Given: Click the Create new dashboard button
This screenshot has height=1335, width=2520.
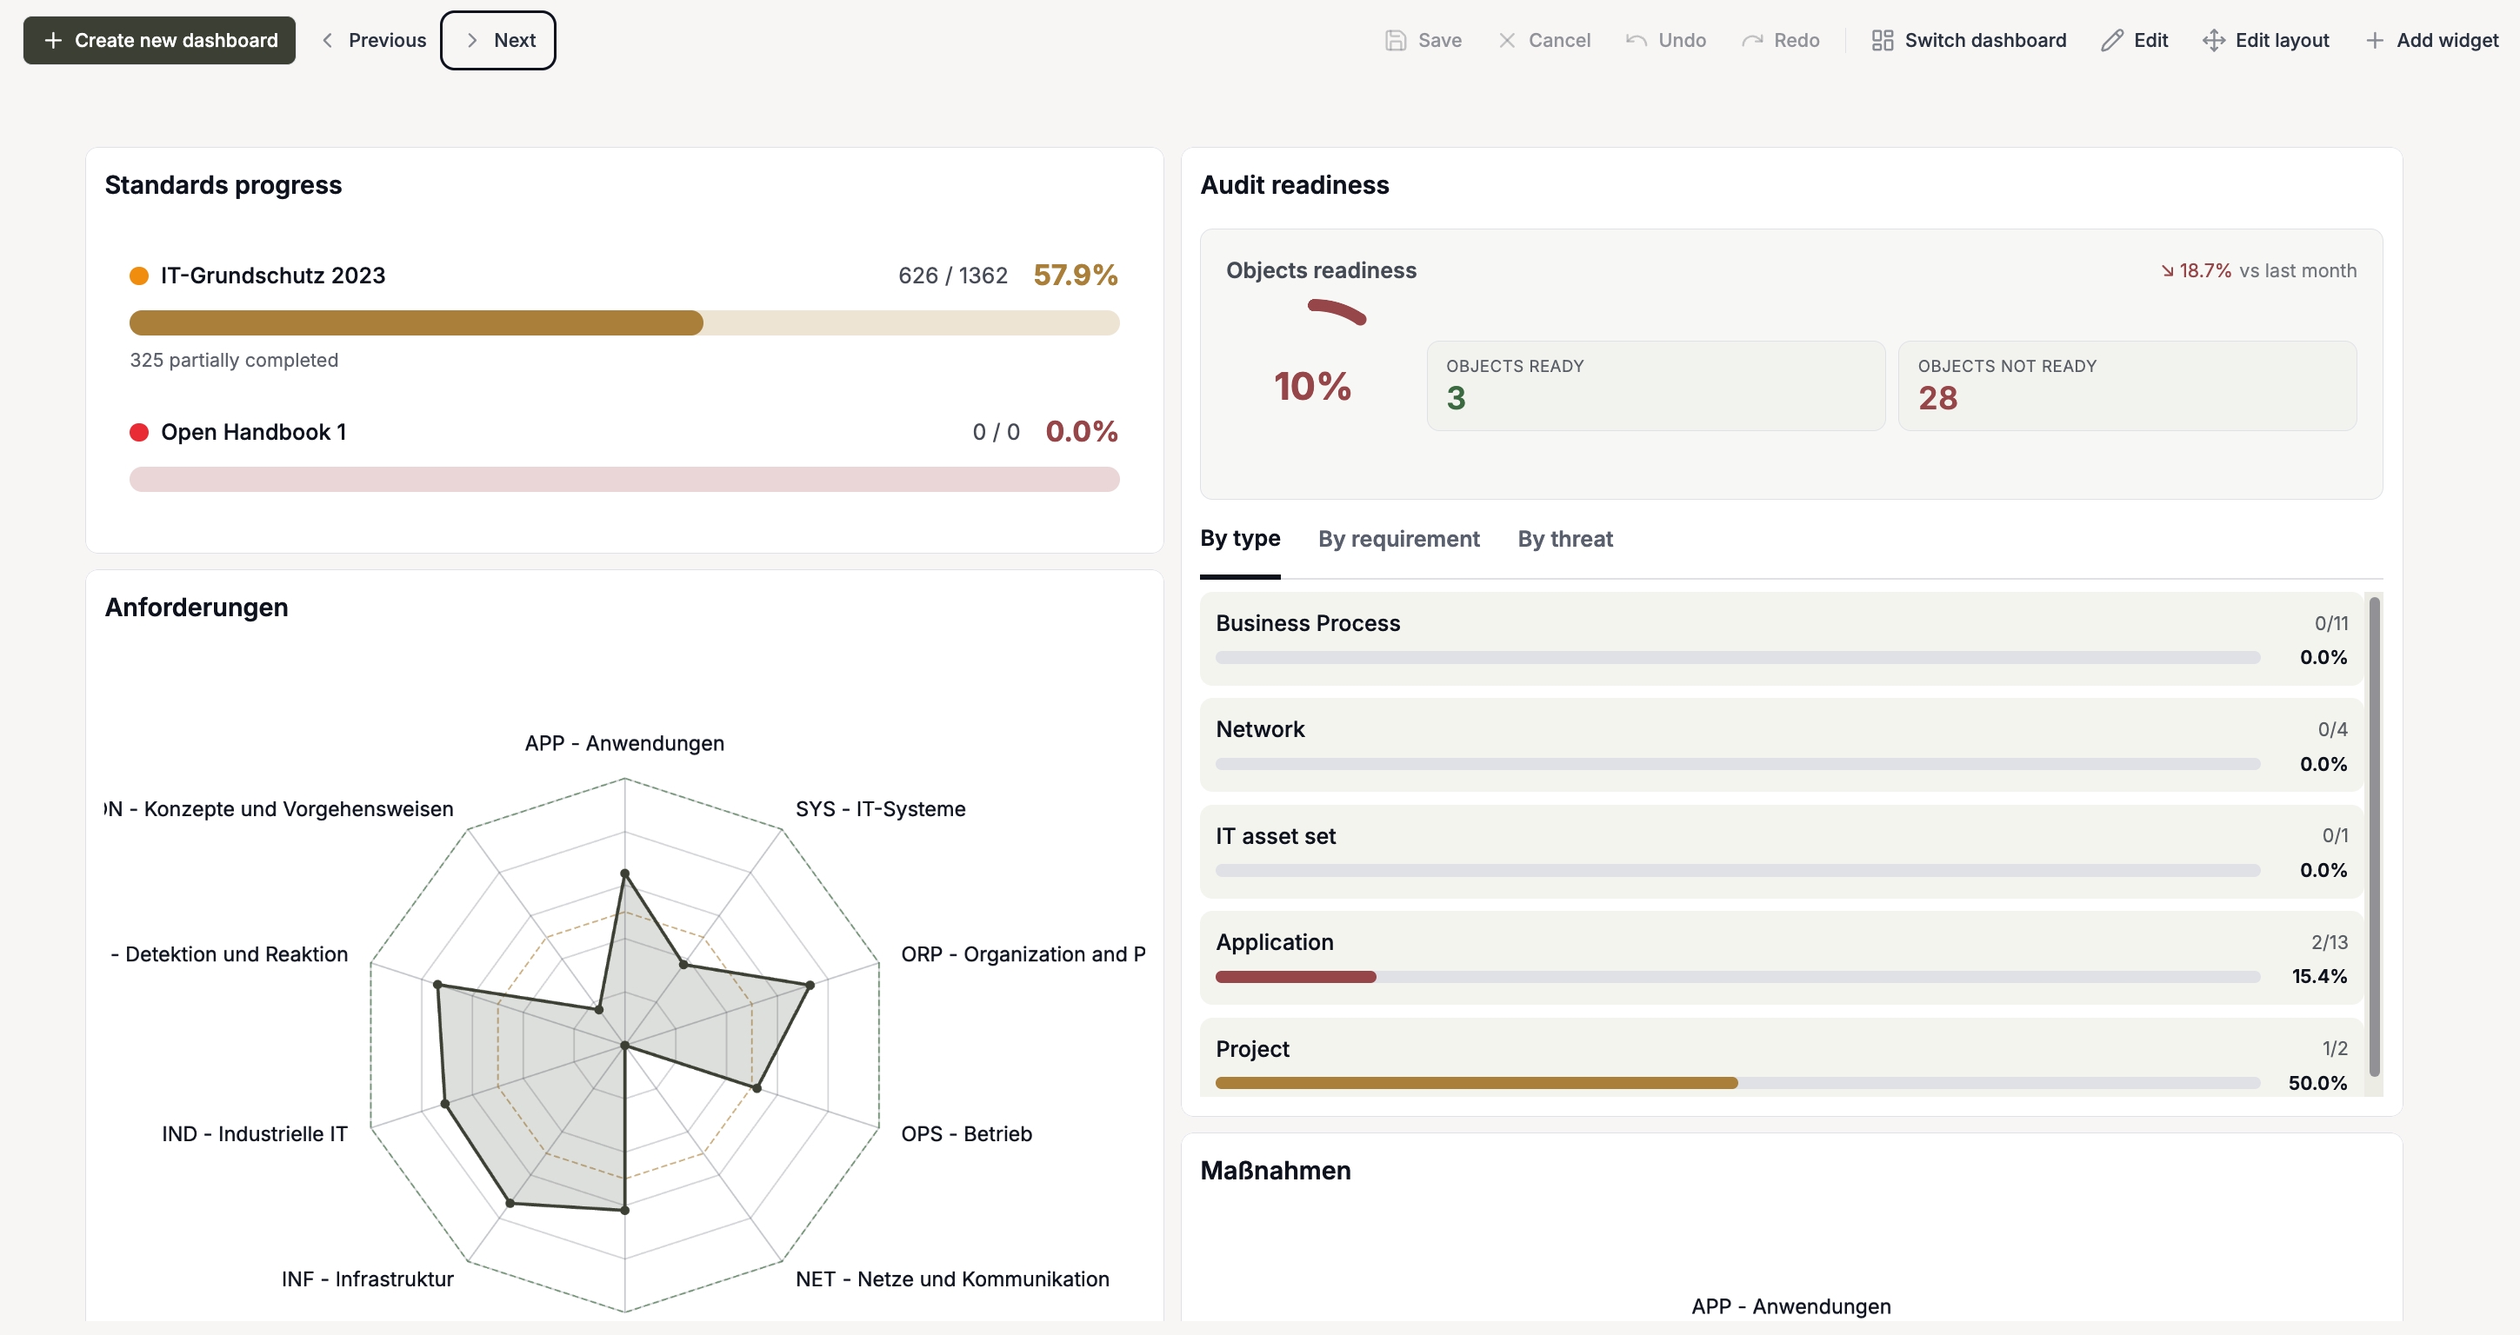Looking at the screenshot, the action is pyautogui.click(x=159, y=40).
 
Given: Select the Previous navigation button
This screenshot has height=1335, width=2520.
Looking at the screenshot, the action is pyautogui.click(x=374, y=40).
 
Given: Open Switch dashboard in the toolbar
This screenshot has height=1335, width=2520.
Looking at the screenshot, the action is pyautogui.click(x=1969, y=40).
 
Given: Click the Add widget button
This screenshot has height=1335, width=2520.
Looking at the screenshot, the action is pyautogui.click(x=2432, y=40).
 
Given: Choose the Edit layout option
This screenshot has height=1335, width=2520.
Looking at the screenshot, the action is pyautogui.click(x=2266, y=40).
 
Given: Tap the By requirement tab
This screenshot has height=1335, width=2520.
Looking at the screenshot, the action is pyautogui.click(x=1399, y=539).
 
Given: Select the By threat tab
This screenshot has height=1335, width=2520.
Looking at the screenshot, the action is pyautogui.click(x=1565, y=539).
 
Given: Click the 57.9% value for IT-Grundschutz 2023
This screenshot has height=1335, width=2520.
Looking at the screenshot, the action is pyautogui.click(x=1075, y=275).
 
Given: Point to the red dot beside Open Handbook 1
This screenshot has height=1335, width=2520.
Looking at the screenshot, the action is pyautogui.click(x=139, y=432).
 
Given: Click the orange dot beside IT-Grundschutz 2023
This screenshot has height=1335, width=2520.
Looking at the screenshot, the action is pyautogui.click(x=139, y=276).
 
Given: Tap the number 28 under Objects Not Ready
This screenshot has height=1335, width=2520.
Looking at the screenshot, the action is pyautogui.click(x=1937, y=398).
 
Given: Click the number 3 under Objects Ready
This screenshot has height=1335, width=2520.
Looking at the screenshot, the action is pyautogui.click(x=1456, y=398).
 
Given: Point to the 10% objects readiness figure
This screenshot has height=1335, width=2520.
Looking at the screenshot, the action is pyautogui.click(x=1312, y=386).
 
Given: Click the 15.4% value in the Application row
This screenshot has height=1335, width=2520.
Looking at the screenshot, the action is pyautogui.click(x=2319, y=976).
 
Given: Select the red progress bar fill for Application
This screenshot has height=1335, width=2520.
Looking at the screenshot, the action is pyautogui.click(x=1296, y=977).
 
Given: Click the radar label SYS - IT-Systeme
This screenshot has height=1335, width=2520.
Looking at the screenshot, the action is pyautogui.click(x=880, y=809).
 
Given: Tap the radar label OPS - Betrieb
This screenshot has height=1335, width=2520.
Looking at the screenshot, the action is pyautogui.click(x=967, y=1133).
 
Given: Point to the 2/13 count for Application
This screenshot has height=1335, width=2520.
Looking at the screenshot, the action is pyautogui.click(x=2330, y=942).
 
